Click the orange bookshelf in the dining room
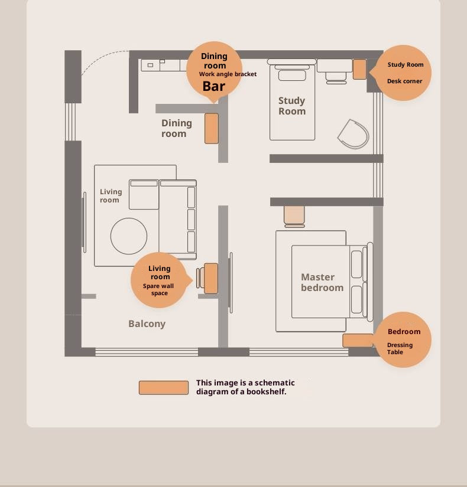pos(212,128)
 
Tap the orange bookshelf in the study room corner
pos(359,69)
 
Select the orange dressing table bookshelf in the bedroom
pos(358,341)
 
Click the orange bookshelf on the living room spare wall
pos(210,278)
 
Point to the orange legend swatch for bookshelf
pos(164,388)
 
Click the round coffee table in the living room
pos(129,236)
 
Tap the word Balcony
pos(147,324)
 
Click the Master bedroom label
pos(322,282)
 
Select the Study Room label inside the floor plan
pos(292,106)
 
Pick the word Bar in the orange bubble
pos(214,86)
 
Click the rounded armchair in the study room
pos(354,134)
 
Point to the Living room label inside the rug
pos(111,195)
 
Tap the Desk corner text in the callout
pos(404,81)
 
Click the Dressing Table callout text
pos(400,348)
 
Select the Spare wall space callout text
pos(158,289)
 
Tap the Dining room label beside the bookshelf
pos(176,128)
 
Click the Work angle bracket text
pos(228,74)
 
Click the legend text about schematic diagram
pos(245,387)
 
